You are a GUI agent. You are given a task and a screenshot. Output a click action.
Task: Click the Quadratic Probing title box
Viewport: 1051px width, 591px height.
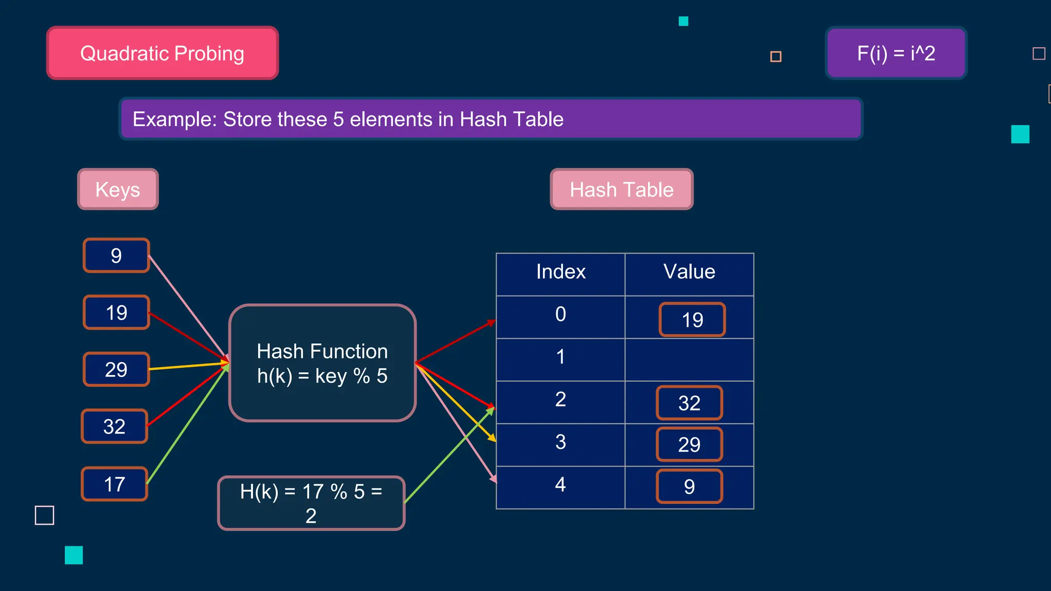click(x=162, y=53)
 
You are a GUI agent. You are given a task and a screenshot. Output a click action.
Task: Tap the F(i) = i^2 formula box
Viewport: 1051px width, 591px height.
click(x=896, y=53)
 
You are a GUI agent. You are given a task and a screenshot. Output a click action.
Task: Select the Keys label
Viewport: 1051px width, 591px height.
click(x=118, y=189)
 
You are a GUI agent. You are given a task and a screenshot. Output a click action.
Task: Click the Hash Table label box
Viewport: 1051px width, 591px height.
click(x=621, y=189)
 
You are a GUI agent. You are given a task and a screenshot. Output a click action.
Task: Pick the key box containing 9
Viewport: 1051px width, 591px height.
click(x=116, y=255)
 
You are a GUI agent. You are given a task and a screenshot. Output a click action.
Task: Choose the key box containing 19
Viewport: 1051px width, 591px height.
click(x=116, y=312)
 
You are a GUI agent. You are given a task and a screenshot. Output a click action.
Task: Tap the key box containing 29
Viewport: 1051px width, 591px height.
click(x=116, y=369)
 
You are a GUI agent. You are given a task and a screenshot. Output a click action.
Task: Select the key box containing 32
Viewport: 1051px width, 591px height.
click(x=114, y=426)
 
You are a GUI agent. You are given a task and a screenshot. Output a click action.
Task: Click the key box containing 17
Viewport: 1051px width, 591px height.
click(x=114, y=484)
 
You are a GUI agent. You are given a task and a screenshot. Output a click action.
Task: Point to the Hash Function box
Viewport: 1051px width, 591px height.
click(x=322, y=363)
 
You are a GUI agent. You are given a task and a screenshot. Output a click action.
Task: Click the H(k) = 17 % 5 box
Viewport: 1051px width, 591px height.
click(x=311, y=503)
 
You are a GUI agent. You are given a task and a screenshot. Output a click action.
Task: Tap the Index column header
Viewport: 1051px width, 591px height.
click(x=560, y=272)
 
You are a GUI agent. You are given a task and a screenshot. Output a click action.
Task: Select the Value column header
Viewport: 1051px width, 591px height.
click(x=689, y=272)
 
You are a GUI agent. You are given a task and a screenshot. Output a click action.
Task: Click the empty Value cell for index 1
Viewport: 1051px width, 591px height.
click(x=689, y=360)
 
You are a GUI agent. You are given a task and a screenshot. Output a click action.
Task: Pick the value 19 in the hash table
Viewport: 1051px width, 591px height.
click(x=692, y=320)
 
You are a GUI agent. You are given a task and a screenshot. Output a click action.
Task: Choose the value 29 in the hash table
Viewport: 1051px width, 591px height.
click(x=689, y=444)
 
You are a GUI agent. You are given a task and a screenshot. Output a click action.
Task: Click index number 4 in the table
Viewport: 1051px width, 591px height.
click(x=560, y=484)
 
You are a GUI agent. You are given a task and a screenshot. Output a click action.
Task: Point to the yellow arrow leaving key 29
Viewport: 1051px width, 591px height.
click(x=187, y=366)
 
